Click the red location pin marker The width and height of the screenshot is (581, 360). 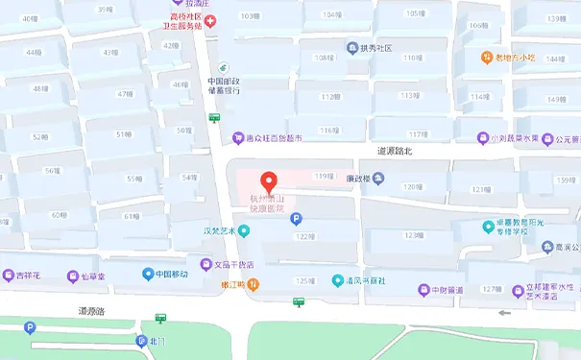coord(270,181)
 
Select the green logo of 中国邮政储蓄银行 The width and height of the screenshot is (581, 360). coord(223,67)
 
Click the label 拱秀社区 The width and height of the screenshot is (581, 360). coord(376,47)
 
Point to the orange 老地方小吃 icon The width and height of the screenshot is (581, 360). coord(486,58)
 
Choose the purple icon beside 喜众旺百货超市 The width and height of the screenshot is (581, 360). coord(238,138)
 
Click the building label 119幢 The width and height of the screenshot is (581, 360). coord(324,177)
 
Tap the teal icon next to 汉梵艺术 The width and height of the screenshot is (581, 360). coord(244,230)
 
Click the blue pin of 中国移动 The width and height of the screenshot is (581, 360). coord(148,275)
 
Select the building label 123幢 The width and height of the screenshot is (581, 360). coord(414,235)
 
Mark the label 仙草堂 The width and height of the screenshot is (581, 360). coord(97,276)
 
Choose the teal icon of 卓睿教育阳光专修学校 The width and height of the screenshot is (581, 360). coord(488,226)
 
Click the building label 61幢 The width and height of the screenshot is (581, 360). coord(132,217)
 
